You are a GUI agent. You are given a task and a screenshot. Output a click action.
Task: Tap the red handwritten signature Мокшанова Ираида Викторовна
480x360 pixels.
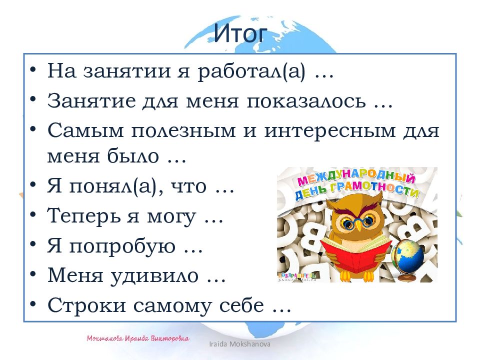pyautogui.click(x=138, y=338)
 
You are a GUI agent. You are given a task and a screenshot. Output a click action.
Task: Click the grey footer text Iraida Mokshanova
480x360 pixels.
pyautogui.click(x=245, y=345)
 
